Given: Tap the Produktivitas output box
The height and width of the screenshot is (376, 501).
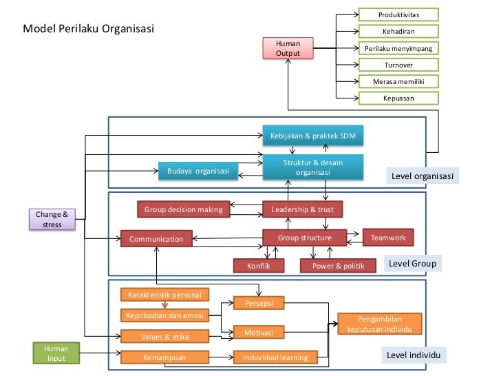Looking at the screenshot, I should (398, 14).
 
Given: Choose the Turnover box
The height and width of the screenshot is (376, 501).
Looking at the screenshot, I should (398, 65).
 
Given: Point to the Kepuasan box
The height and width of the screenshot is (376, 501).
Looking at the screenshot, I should (398, 98).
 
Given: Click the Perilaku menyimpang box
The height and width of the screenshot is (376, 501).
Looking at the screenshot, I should (398, 48).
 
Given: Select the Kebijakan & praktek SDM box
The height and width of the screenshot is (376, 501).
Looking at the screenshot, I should (312, 135).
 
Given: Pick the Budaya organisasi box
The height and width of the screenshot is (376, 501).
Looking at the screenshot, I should (198, 170).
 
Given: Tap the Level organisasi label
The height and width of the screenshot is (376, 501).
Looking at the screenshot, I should (422, 176).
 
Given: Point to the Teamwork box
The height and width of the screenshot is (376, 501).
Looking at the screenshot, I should (388, 238).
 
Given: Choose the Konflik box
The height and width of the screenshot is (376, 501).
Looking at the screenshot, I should (258, 266).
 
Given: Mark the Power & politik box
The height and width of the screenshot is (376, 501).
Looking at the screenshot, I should (339, 266).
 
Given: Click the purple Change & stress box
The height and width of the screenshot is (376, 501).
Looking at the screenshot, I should (52, 219).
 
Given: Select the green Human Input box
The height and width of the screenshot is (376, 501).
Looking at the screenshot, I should (56, 353).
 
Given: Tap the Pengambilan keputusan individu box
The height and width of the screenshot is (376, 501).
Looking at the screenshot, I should (379, 324).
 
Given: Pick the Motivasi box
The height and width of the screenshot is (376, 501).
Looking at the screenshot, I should (259, 333).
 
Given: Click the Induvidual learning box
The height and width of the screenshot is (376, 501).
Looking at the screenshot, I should (275, 357).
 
